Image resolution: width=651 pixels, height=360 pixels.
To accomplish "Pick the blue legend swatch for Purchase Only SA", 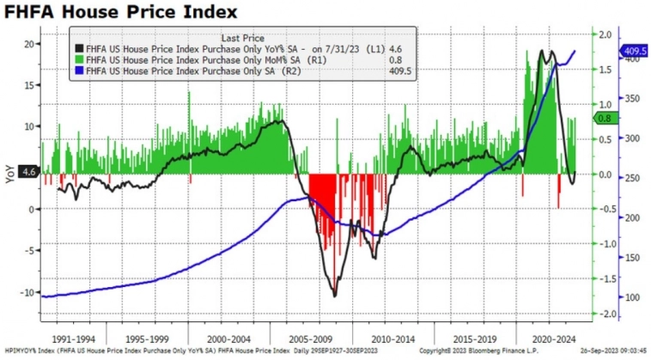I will (79, 71).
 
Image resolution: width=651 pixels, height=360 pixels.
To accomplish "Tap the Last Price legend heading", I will (241, 39).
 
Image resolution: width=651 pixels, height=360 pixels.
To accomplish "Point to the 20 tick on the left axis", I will (27, 44).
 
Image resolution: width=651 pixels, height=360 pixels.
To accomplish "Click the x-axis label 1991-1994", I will (76, 338).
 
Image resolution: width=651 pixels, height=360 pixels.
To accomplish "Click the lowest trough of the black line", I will (333, 296).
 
